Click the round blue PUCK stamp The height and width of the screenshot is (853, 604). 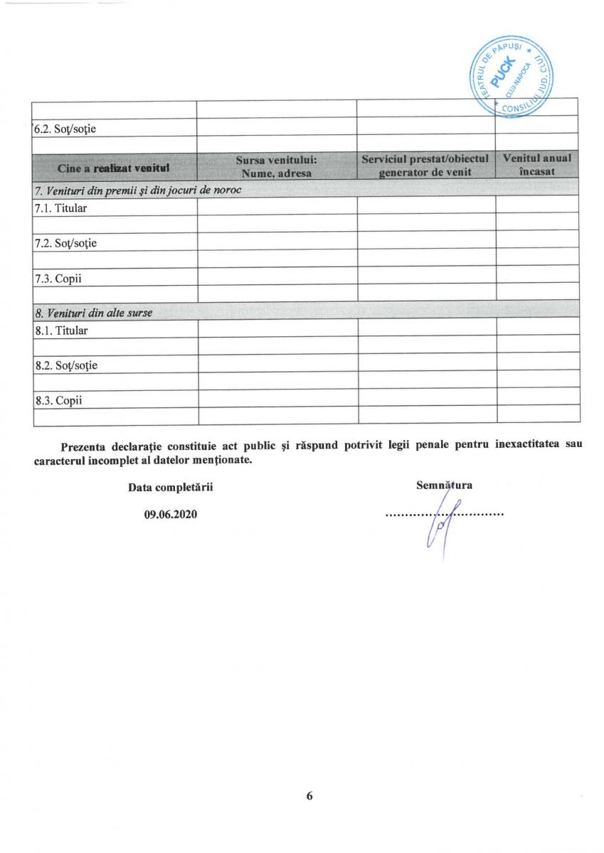click(x=513, y=75)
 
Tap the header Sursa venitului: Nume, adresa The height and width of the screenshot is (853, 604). click(x=277, y=166)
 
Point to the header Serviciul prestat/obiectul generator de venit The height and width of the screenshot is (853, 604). click(x=425, y=166)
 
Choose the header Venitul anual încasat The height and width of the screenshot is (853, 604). click(x=536, y=166)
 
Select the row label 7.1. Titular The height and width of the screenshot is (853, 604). click(x=60, y=209)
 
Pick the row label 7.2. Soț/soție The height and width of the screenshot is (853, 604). click(x=65, y=243)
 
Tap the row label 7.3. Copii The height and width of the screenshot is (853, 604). click(x=58, y=278)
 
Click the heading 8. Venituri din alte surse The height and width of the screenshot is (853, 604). click(x=93, y=313)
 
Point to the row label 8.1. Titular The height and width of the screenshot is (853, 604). click(x=60, y=331)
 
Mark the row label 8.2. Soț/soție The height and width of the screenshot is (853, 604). click(x=65, y=365)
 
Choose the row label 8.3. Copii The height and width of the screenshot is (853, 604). click(x=58, y=400)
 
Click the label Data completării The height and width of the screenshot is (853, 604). click(x=170, y=488)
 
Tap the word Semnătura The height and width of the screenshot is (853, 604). click(x=444, y=485)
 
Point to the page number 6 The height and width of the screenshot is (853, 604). click(x=309, y=796)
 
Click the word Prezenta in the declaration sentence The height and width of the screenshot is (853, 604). click(x=83, y=446)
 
